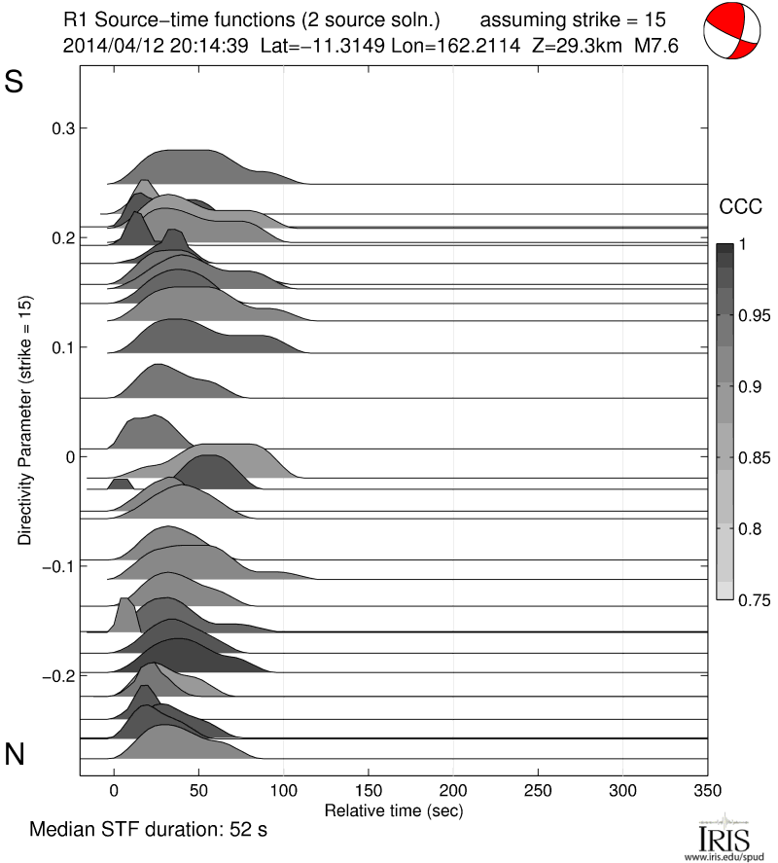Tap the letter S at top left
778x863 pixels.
coord(15,83)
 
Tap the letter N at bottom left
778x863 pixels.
coord(15,754)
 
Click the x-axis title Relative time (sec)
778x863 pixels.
coord(393,809)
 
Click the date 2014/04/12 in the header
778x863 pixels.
coord(102,46)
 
